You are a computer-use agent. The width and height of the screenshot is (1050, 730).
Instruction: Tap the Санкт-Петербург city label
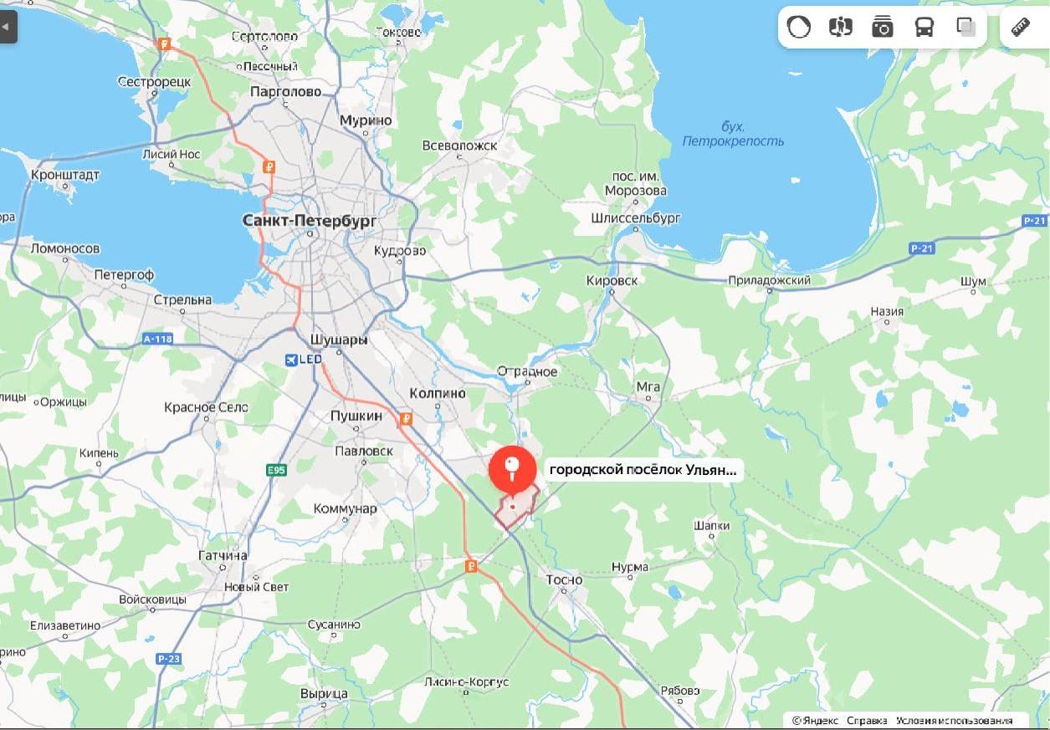(310, 221)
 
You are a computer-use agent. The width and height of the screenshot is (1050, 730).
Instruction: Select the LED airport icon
(291, 360)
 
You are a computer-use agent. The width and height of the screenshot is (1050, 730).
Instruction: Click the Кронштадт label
(65, 175)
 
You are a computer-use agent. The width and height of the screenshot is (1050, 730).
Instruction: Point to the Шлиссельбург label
(636, 218)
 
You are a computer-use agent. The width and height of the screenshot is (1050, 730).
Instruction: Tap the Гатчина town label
(223, 556)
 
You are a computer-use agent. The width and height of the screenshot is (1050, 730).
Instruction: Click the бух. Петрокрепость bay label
(733, 134)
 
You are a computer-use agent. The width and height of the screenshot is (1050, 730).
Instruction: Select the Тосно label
(564, 579)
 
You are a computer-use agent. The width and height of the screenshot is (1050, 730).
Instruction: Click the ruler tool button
(1021, 28)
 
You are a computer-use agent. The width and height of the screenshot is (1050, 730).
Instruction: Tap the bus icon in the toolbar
(924, 28)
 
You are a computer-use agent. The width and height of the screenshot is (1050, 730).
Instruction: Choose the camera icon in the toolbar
(882, 28)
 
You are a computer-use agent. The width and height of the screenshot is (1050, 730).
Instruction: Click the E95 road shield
(276, 471)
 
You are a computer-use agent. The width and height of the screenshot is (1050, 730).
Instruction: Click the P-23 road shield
(168, 659)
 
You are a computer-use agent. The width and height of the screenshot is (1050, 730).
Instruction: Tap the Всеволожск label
(459, 145)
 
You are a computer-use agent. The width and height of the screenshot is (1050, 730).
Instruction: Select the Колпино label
(437, 393)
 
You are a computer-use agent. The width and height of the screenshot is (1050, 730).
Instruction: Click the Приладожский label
(769, 281)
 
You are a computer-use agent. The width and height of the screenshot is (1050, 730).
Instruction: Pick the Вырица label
(324, 694)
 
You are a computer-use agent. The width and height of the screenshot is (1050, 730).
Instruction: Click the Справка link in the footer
(866, 721)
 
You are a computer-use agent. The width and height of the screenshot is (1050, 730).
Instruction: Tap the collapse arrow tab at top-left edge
(8, 27)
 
